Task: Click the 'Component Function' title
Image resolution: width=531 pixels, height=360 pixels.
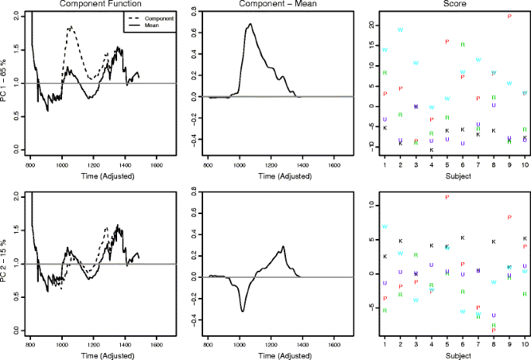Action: (94, 5)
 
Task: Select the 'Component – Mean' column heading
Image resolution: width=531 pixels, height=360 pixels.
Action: (271, 5)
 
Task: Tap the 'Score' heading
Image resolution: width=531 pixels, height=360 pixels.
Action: (448, 5)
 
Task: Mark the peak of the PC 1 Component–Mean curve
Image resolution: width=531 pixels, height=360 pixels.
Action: (250, 24)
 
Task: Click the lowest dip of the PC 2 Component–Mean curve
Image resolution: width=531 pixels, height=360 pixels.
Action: (243, 311)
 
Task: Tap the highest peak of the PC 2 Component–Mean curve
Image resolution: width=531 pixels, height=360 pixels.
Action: (284, 247)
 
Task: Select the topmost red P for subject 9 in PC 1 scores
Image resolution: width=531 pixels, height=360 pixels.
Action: (509, 16)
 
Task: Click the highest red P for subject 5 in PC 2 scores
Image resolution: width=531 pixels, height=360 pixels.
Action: (447, 197)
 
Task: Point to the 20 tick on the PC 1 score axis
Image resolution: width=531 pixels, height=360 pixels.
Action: (373, 25)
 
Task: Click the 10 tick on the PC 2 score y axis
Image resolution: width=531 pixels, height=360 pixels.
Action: (373, 206)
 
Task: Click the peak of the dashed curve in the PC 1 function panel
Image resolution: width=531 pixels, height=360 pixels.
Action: (71, 27)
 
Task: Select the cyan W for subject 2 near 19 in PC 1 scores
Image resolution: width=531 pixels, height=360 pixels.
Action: (401, 30)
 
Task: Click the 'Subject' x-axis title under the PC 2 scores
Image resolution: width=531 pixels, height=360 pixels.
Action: (448, 355)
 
